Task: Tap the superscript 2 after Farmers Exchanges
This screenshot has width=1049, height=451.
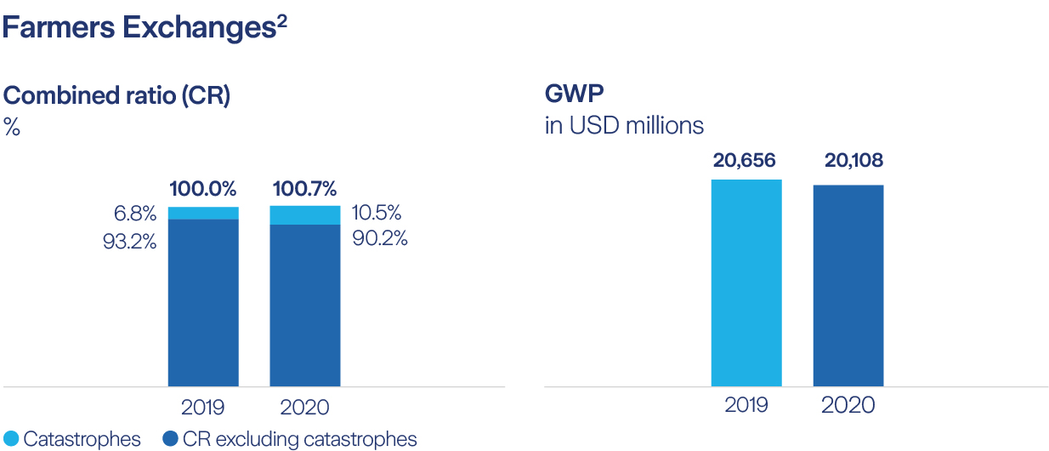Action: tap(281, 21)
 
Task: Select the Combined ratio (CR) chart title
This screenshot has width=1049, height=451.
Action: tap(117, 95)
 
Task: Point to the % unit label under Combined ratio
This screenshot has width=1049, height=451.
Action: tap(12, 128)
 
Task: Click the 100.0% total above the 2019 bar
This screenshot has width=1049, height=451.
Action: tap(203, 189)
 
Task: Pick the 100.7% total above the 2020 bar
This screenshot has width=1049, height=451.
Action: tap(304, 189)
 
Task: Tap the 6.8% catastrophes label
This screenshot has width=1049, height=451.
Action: tap(135, 214)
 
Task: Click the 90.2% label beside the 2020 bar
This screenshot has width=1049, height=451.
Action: tap(379, 238)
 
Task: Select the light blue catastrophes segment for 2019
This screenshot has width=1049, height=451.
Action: tap(203, 213)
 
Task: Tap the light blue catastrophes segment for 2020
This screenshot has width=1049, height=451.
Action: tap(304, 214)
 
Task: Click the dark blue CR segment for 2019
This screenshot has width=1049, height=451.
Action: tap(203, 302)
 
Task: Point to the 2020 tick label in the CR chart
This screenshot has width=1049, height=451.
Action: tap(304, 407)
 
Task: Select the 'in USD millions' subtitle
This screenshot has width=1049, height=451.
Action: tap(624, 126)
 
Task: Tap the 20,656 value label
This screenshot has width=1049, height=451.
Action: tap(746, 160)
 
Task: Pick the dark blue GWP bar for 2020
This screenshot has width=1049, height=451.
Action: tap(848, 285)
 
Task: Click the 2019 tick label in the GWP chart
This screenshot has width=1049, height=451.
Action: tap(746, 405)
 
